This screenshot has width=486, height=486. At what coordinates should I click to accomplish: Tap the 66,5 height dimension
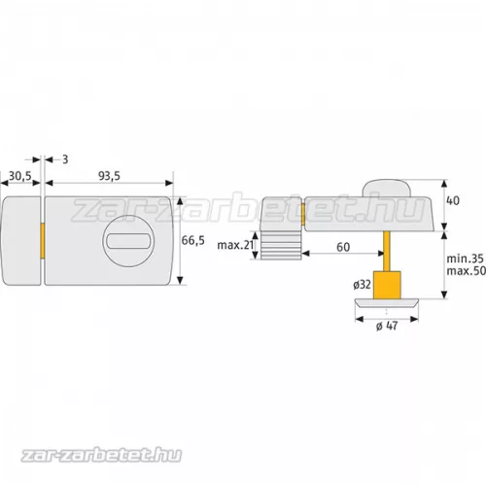pyautogui.click(x=193, y=241)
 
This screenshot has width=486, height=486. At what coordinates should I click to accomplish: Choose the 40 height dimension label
pyautogui.click(x=452, y=201)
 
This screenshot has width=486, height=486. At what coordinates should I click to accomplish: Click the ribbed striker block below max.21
pyautogui.click(x=279, y=249)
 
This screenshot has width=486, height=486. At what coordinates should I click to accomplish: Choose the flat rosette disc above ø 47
pyautogui.click(x=388, y=304)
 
